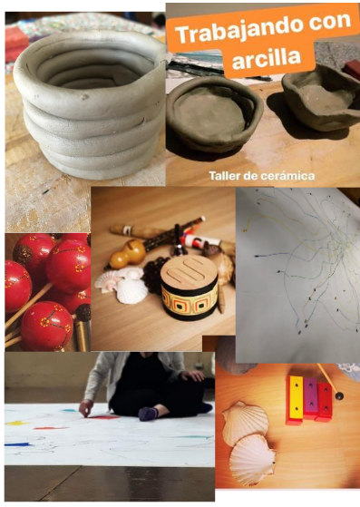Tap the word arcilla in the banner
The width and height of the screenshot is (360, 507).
pos(267,59)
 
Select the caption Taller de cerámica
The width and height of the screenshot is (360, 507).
pos(262,176)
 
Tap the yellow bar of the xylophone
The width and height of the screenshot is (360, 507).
pos(296,400)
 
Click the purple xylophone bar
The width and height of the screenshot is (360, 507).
pos(310,397)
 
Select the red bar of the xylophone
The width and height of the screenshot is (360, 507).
pos(324,401)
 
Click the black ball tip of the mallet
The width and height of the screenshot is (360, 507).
pos(339,395)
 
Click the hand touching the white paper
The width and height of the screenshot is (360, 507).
pos(86,408)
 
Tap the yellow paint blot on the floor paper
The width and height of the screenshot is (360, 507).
pos(15,423)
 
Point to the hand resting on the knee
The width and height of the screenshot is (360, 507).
pos(192,375)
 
